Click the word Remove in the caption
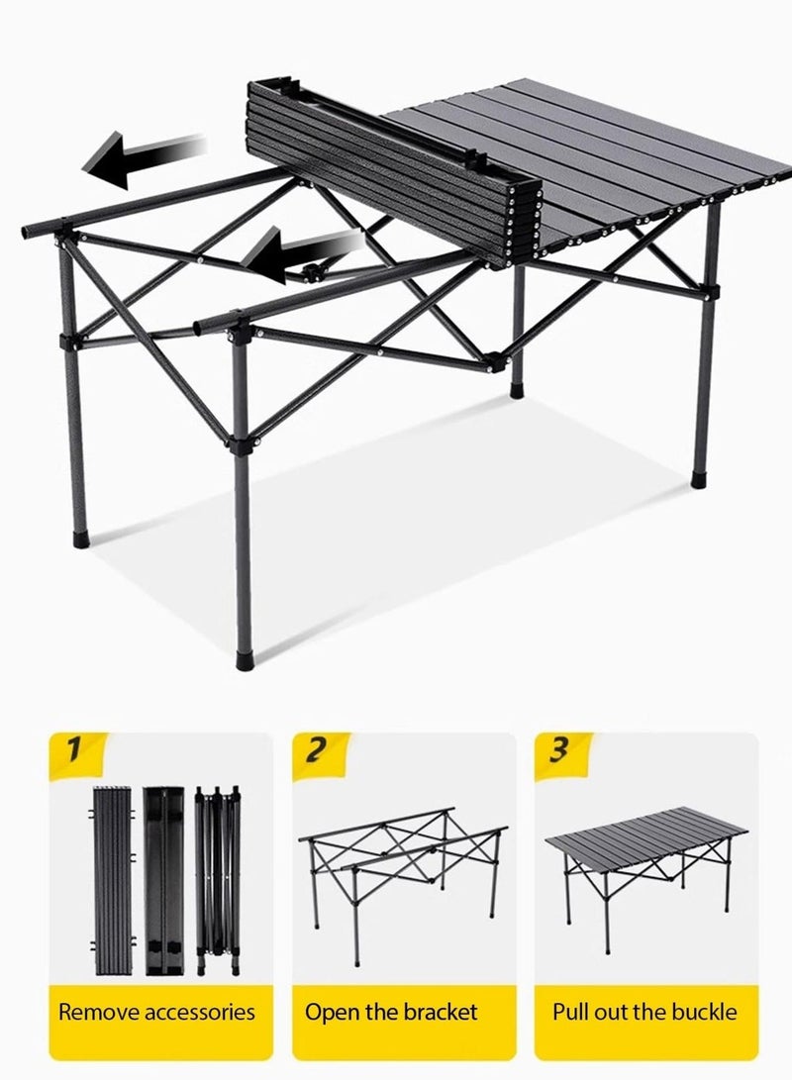coord(99,1012)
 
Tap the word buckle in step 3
coord(705,1012)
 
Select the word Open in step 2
coord(331,1012)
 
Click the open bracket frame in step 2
coord(401,871)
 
